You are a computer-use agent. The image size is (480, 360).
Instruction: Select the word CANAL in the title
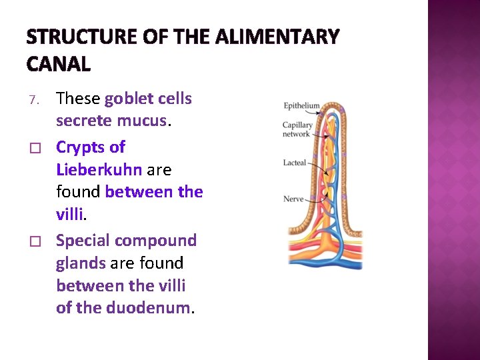[x=59, y=64]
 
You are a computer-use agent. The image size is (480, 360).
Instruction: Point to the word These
[x=78, y=99]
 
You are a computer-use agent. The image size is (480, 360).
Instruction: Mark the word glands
[x=81, y=263]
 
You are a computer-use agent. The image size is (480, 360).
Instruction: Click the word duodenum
[x=151, y=309]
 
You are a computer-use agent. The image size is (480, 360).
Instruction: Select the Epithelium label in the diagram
[x=301, y=106]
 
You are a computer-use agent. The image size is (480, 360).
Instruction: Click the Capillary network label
[x=296, y=129]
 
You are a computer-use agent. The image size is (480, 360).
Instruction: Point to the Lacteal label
[x=295, y=163]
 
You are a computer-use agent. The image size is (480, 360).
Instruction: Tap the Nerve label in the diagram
[x=293, y=199]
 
